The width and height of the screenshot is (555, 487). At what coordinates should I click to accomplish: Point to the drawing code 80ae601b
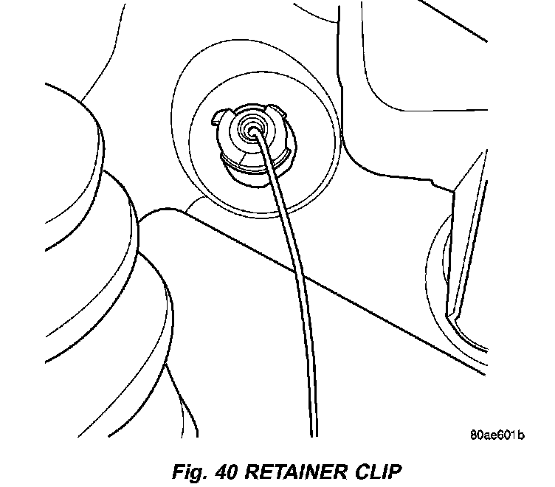496,435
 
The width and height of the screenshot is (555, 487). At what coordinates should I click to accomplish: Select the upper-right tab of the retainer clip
279,112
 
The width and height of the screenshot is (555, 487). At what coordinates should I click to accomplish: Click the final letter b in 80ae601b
521,435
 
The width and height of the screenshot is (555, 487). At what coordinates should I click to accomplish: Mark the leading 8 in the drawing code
472,435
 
